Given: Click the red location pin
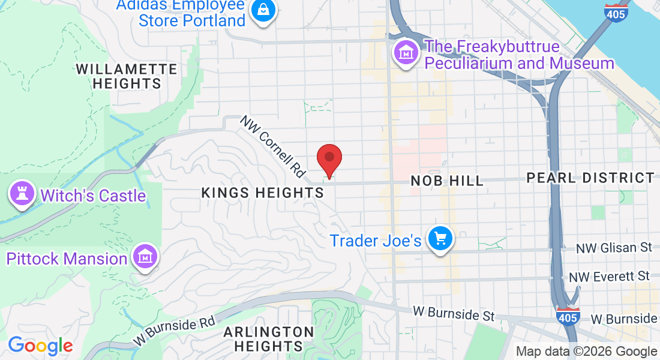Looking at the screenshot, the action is [329, 158].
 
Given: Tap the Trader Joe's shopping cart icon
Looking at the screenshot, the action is [440, 239].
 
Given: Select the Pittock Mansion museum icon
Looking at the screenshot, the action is [145, 257].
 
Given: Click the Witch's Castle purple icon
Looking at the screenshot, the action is [22, 194].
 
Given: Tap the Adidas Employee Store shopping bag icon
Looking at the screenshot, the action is [262, 10].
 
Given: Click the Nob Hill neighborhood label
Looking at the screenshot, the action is [446, 181].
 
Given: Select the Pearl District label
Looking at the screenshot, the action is [590, 178].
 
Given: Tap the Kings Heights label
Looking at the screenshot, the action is [262, 193].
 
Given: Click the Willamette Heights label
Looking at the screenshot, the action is [127, 76].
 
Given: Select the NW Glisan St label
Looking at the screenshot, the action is [613, 248].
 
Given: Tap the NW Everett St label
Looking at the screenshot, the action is [609, 277].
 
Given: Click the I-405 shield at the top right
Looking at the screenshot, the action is [616, 12].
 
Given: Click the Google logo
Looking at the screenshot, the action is [40, 346].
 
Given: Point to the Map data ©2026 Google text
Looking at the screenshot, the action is [586, 352].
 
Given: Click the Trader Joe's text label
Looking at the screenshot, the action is [376, 241].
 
